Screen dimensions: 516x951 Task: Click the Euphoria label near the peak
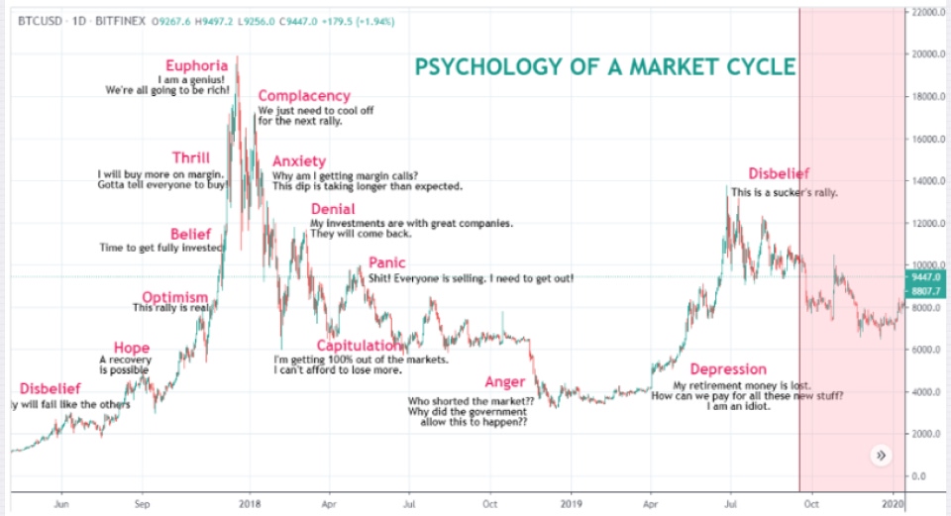point(196,66)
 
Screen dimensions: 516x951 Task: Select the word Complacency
point(304,96)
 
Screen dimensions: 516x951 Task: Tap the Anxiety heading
point(298,161)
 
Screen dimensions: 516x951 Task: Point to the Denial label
point(333,209)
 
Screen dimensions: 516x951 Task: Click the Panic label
point(386,263)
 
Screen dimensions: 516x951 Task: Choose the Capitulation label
point(359,346)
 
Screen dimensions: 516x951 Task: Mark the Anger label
point(505,382)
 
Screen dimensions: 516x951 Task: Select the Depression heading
point(728,369)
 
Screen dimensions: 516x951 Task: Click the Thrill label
point(190,158)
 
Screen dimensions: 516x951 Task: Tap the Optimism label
point(174,297)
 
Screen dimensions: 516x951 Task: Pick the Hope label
point(132,347)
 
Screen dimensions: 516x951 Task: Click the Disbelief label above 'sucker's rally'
point(779,173)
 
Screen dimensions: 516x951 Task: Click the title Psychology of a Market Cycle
point(604,67)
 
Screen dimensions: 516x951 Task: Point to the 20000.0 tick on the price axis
point(927,54)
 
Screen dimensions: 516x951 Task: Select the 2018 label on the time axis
point(251,502)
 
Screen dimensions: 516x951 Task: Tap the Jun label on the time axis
point(61,502)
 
